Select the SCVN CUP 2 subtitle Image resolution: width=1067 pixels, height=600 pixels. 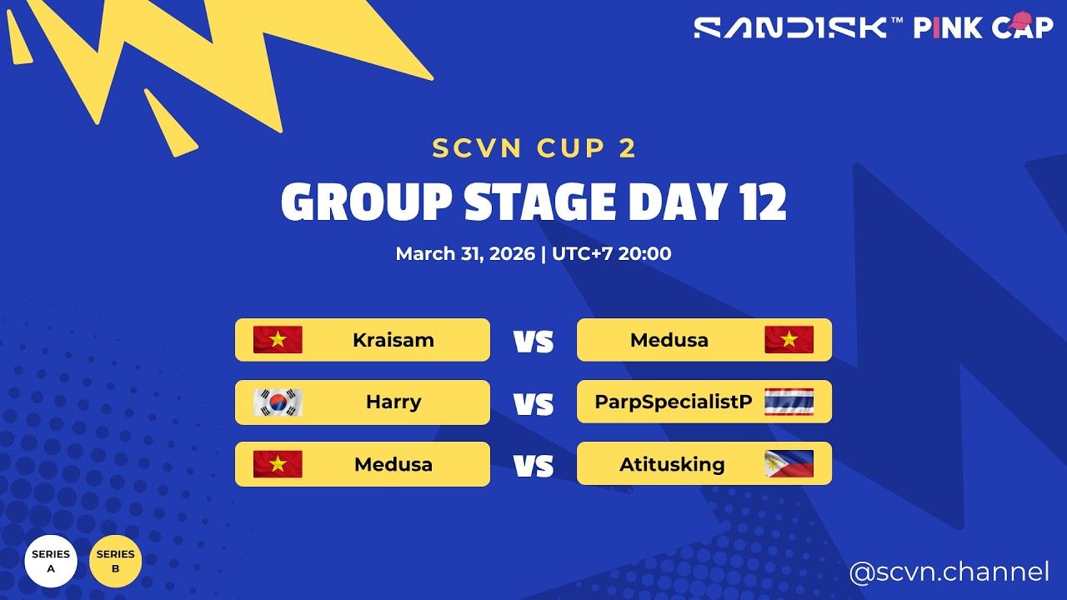coord(534,148)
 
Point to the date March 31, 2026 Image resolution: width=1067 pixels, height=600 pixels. coord(465,253)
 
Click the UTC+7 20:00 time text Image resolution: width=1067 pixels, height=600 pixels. coord(611,253)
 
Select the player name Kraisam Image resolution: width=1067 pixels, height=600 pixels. coord(393,340)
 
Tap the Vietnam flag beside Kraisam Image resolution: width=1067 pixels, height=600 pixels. coord(278,340)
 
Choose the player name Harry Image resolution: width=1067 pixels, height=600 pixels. coord(393,402)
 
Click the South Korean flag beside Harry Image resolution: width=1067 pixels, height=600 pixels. coord(278,402)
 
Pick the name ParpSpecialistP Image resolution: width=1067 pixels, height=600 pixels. coord(674,402)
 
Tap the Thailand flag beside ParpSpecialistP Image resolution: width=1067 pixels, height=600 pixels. coord(789,402)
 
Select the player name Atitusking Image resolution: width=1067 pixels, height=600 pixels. coord(672,464)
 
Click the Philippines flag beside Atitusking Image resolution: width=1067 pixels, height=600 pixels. coord(789,464)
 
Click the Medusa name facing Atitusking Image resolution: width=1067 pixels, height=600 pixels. coord(393,464)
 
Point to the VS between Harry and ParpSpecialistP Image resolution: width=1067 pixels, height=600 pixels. coord(533,404)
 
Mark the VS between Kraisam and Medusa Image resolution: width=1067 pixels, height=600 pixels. coord(533,342)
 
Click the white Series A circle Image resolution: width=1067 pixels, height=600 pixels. coord(51,561)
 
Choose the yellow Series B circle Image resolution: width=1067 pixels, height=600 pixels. coord(115,561)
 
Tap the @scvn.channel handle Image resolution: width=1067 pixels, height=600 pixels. coord(949,572)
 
